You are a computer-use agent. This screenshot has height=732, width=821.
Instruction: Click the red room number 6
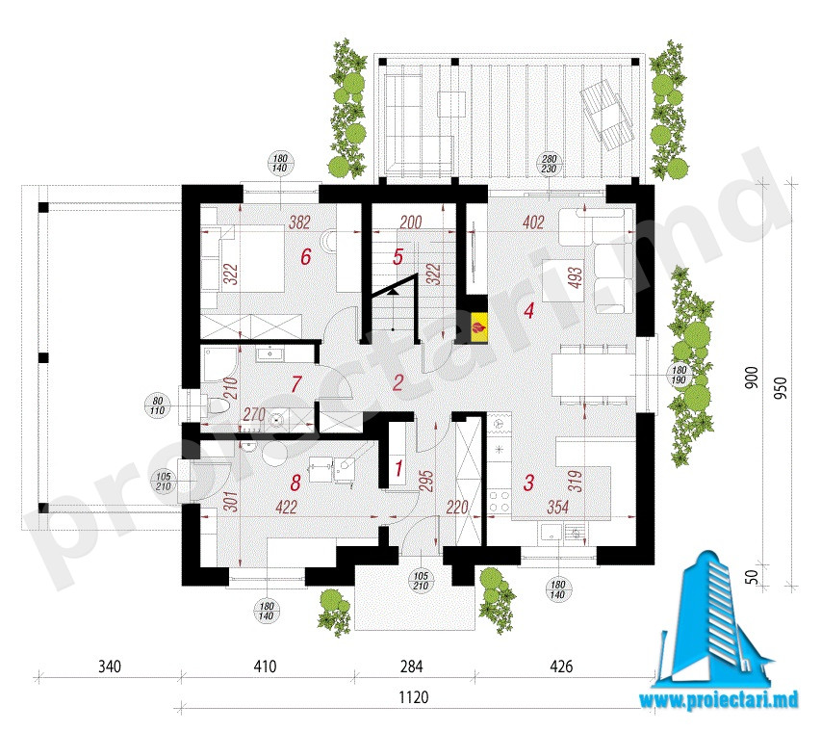(x=306, y=257)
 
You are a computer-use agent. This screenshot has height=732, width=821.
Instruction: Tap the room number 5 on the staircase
(x=398, y=257)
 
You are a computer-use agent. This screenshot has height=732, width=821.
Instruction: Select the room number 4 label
(x=528, y=310)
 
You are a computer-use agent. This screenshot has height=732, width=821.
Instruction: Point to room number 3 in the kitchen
(x=528, y=483)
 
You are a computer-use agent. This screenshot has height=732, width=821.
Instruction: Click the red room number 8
(x=295, y=483)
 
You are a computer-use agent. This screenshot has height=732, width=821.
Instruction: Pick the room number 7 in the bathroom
(x=296, y=384)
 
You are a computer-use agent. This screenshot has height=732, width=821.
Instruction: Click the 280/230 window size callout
(x=549, y=164)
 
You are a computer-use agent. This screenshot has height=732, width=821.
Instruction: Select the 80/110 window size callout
(x=157, y=405)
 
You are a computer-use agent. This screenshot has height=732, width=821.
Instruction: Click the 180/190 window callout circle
(x=679, y=376)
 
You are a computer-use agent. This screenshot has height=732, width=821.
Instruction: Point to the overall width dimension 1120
(x=414, y=697)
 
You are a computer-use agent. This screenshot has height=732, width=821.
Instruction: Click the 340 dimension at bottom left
(x=110, y=667)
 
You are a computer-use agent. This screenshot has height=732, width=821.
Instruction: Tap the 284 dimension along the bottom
(x=411, y=667)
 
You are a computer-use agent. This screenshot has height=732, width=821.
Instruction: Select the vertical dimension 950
(x=781, y=388)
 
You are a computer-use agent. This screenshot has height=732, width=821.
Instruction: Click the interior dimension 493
(x=575, y=277)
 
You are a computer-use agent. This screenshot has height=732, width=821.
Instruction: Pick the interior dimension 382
(x=299, y=222)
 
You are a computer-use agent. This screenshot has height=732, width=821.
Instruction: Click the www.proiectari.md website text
(x=718, y=700)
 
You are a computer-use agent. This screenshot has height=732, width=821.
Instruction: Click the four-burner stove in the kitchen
(x=500, y=500)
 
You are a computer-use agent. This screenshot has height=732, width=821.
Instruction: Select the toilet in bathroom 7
(x=217, y=405)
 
